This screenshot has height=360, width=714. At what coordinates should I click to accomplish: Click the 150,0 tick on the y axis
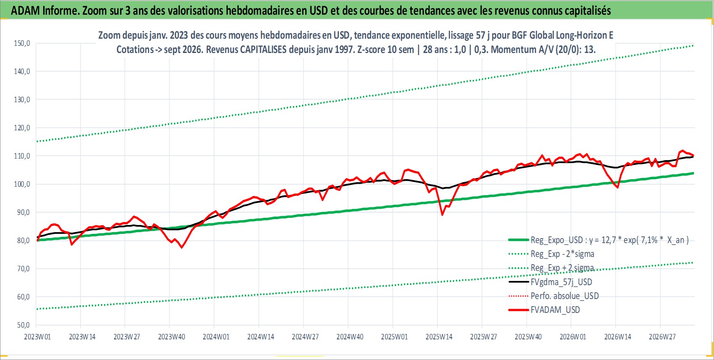tap(22, 43)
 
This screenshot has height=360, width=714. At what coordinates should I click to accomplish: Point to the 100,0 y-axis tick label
tap(22, 184)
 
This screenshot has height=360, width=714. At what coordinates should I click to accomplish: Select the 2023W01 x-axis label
tap(37, 337)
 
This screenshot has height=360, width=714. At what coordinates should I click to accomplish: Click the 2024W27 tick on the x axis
tap(305, 337)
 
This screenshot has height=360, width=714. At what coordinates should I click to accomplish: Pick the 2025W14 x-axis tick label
tap(439, 337)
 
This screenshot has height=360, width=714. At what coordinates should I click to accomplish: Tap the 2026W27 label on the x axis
tap(662, 337)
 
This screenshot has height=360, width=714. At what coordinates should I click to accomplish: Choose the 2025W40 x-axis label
tap(528, 337)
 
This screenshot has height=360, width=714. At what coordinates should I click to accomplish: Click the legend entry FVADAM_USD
tap(555, 310)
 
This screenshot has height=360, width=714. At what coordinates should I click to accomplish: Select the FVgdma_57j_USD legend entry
tap(561, 282)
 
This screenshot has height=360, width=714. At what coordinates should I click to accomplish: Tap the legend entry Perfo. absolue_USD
tap(564, 296)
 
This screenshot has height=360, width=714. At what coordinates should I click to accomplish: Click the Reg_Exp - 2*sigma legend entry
tap(562, 254)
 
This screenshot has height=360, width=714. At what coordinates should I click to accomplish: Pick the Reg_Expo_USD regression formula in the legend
tap(609, 240)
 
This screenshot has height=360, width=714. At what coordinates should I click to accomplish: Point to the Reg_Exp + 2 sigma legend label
tap(562, 268)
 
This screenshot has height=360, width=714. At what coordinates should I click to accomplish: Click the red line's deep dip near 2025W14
tap(442, 215)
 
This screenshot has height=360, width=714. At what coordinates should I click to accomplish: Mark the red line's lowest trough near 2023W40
tap(182, 248)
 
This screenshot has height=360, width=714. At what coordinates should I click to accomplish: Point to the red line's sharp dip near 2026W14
tap(618, 188)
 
